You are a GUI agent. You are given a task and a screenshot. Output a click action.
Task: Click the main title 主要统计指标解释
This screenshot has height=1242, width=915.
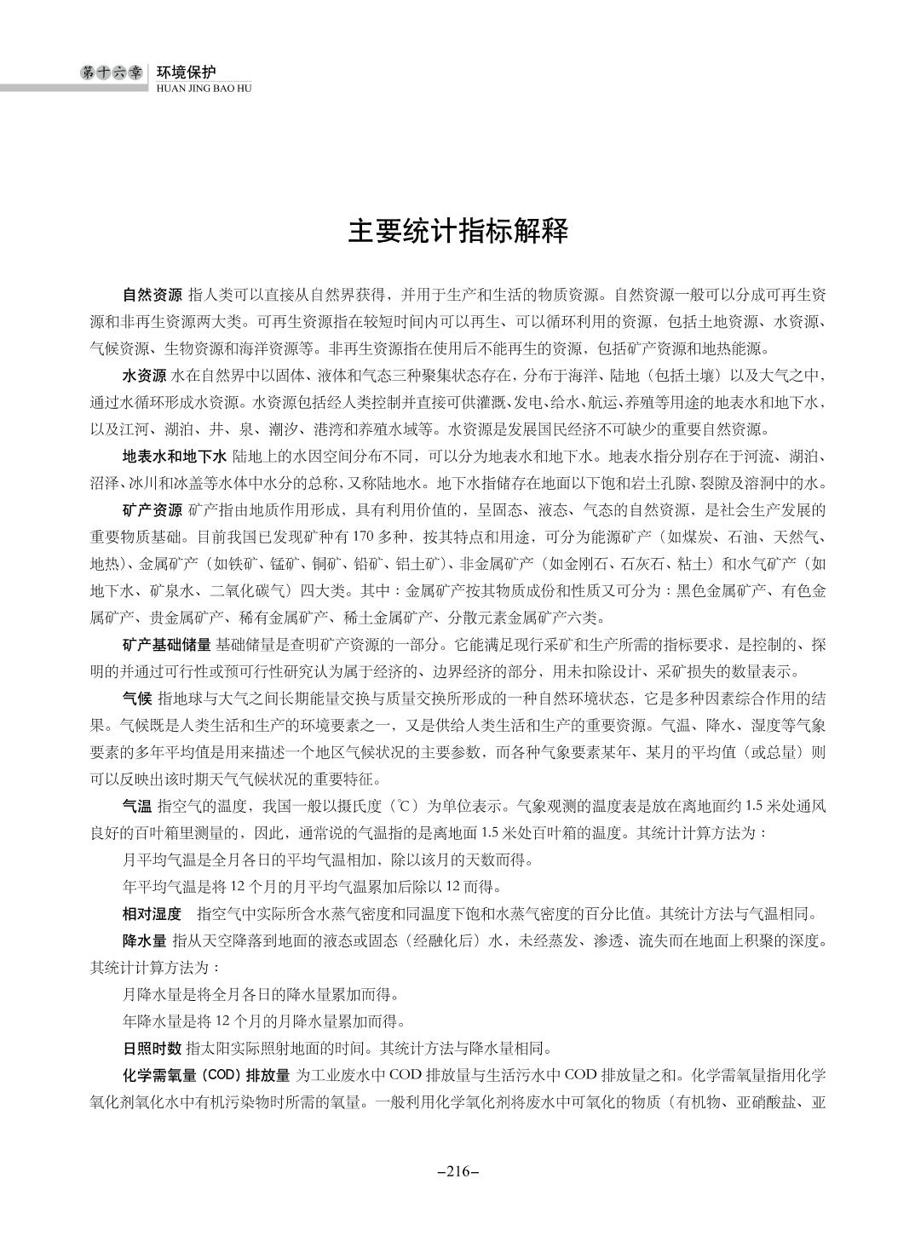coord(457,232)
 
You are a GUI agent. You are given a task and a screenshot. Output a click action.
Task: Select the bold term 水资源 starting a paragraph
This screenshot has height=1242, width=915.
coord(145,376)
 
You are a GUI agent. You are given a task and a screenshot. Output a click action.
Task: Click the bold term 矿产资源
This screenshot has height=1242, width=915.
coord(152,511)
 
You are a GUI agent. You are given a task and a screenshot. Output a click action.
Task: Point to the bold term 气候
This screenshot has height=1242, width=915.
coord(137,699)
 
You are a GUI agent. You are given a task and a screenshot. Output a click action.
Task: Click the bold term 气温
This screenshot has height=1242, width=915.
coord(137,806)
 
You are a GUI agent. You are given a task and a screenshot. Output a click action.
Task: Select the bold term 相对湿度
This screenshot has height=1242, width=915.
coord(152,915)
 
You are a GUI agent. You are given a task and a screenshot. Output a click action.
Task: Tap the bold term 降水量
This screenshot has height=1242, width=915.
coord(145,941)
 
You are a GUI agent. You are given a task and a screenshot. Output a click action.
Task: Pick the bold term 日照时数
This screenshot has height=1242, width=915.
coord(152,1048)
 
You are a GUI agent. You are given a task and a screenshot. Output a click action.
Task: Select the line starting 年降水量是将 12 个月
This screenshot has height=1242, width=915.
coord(265,1021)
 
